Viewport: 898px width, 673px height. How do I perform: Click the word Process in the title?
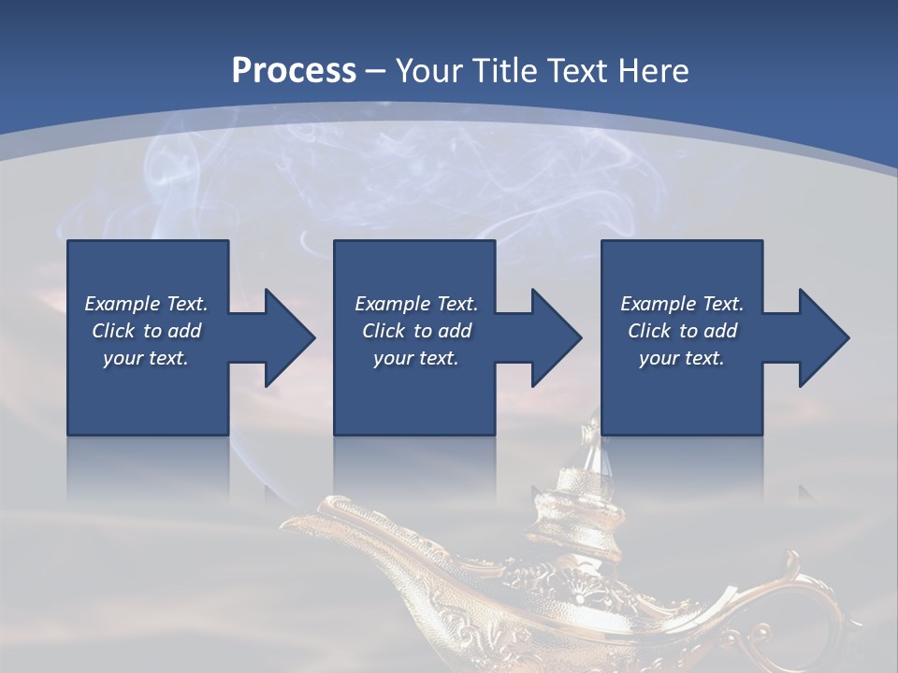294,71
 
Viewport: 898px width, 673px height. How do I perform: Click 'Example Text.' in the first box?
146,304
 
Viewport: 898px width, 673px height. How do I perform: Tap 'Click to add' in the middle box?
416,331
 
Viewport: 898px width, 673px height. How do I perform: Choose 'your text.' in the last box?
682,358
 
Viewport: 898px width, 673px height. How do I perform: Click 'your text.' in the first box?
146,358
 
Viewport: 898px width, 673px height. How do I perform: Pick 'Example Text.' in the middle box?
416,304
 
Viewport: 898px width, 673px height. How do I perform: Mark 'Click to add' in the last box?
682,331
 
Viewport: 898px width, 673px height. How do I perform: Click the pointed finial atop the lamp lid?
588,439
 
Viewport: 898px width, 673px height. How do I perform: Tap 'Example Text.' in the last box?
682,304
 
